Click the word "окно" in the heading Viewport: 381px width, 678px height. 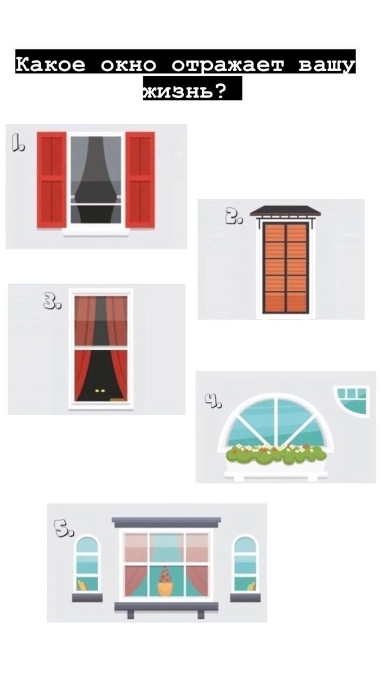pos(129,65)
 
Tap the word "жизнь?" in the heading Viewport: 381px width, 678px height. pos(185,90)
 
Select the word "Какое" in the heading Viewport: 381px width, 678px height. pos(50,64)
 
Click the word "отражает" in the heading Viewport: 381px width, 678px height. pos(228,66)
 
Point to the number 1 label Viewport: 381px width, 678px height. pos(18,143)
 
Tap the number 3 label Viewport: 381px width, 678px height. pos(52,302)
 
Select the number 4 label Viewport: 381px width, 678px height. pos(213,400)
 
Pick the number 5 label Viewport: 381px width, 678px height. pos(63,528)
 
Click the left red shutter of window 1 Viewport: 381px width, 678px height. pos(52,180)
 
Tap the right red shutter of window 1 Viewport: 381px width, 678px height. pos(140,180)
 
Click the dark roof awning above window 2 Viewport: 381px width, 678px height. pos(285,211)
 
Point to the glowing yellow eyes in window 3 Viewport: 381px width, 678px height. pos(100,391)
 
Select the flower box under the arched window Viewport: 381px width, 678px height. pos(276,462)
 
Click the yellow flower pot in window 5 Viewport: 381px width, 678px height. pos(165,588)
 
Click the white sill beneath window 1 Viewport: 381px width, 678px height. pos(96,232)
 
